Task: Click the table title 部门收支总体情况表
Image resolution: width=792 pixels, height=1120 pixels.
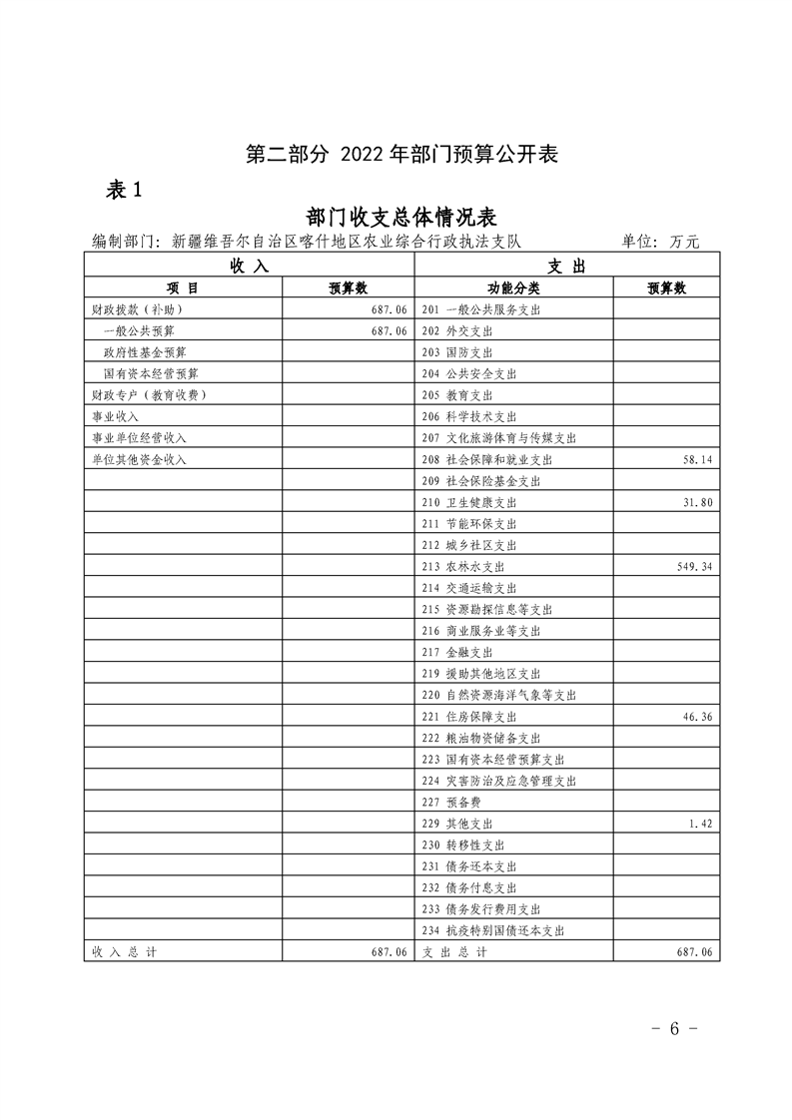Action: [x=401, y=218]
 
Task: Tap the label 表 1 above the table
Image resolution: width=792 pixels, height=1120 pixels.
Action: [x=125, y=191]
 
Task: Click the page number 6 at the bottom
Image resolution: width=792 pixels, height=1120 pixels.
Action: [x=674, y=1029]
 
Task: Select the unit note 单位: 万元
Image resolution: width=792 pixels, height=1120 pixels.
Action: [x=660, y=241]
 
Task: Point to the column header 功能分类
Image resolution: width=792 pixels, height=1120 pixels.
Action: [x=511, y=287]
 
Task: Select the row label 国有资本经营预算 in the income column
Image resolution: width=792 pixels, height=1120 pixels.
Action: [x=151, y=374]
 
